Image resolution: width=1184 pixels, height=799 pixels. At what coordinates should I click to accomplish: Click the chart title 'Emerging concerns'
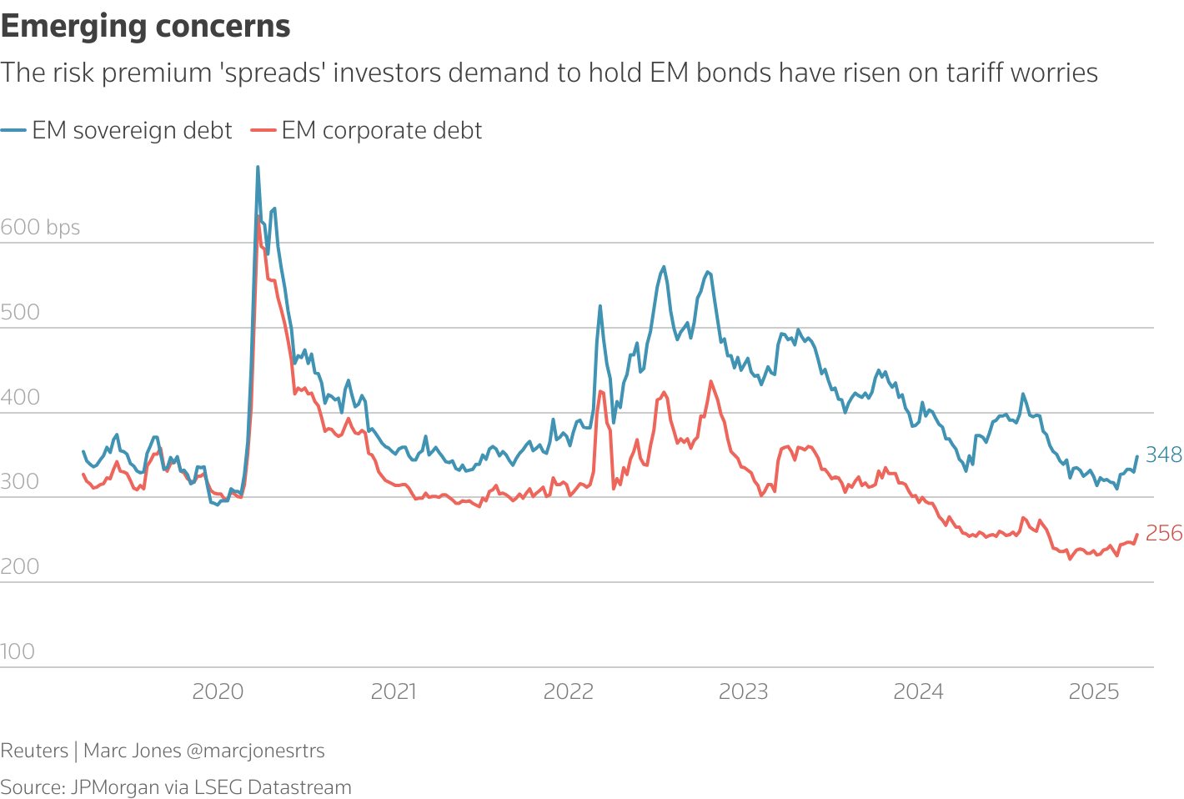145,26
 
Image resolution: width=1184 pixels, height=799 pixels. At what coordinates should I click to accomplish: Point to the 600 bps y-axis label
40,227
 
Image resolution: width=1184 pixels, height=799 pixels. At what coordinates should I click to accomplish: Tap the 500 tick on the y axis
20,312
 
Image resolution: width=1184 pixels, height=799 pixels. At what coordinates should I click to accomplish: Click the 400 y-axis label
20,397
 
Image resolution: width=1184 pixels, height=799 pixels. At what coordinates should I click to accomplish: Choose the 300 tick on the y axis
20,482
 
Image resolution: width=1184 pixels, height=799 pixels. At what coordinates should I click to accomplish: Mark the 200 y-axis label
20,567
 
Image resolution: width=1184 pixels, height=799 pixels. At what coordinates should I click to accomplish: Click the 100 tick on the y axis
18,651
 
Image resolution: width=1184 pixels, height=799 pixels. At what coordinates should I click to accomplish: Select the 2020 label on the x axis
218,691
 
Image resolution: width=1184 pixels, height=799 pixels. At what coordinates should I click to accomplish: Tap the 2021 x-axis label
393,691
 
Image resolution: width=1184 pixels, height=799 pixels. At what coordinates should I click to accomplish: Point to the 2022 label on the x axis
568,691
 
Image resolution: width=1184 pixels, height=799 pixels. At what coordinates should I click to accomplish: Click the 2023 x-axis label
743,691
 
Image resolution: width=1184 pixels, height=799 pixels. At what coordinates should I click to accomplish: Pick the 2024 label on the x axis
918,691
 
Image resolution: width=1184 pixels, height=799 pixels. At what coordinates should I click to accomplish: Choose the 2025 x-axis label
1093,691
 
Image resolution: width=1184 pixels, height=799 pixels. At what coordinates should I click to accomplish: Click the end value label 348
1163,455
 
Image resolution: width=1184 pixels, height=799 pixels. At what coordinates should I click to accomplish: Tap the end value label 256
1163,533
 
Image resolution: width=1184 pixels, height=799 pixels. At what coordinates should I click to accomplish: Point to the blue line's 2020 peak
258,168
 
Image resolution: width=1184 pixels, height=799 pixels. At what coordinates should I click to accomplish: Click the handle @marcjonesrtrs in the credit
255,751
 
